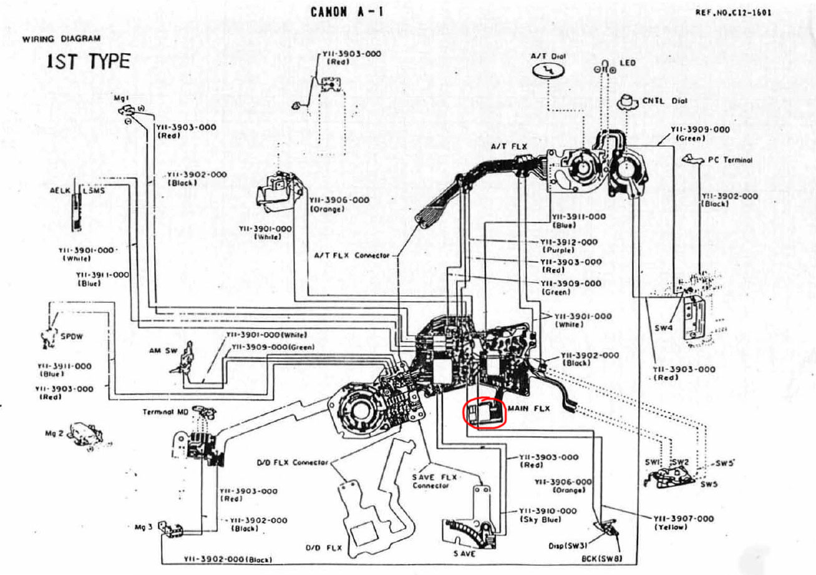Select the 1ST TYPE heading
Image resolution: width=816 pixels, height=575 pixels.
tap(88, 62)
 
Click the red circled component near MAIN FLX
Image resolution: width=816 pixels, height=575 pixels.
tap(483, 412)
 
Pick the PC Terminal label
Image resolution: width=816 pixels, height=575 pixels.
tap(730, 160)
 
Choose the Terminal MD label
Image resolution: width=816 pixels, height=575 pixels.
tap(165, 412)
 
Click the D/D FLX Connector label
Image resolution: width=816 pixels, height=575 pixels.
tap(293, 463)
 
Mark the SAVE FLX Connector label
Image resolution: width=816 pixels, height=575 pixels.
tap(434, 481)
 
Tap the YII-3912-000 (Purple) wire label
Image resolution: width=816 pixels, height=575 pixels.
tap(568, 245)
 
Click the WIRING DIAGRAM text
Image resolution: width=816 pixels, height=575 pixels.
tap(61, 39)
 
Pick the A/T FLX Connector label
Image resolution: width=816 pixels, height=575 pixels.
tap(352, 256)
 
